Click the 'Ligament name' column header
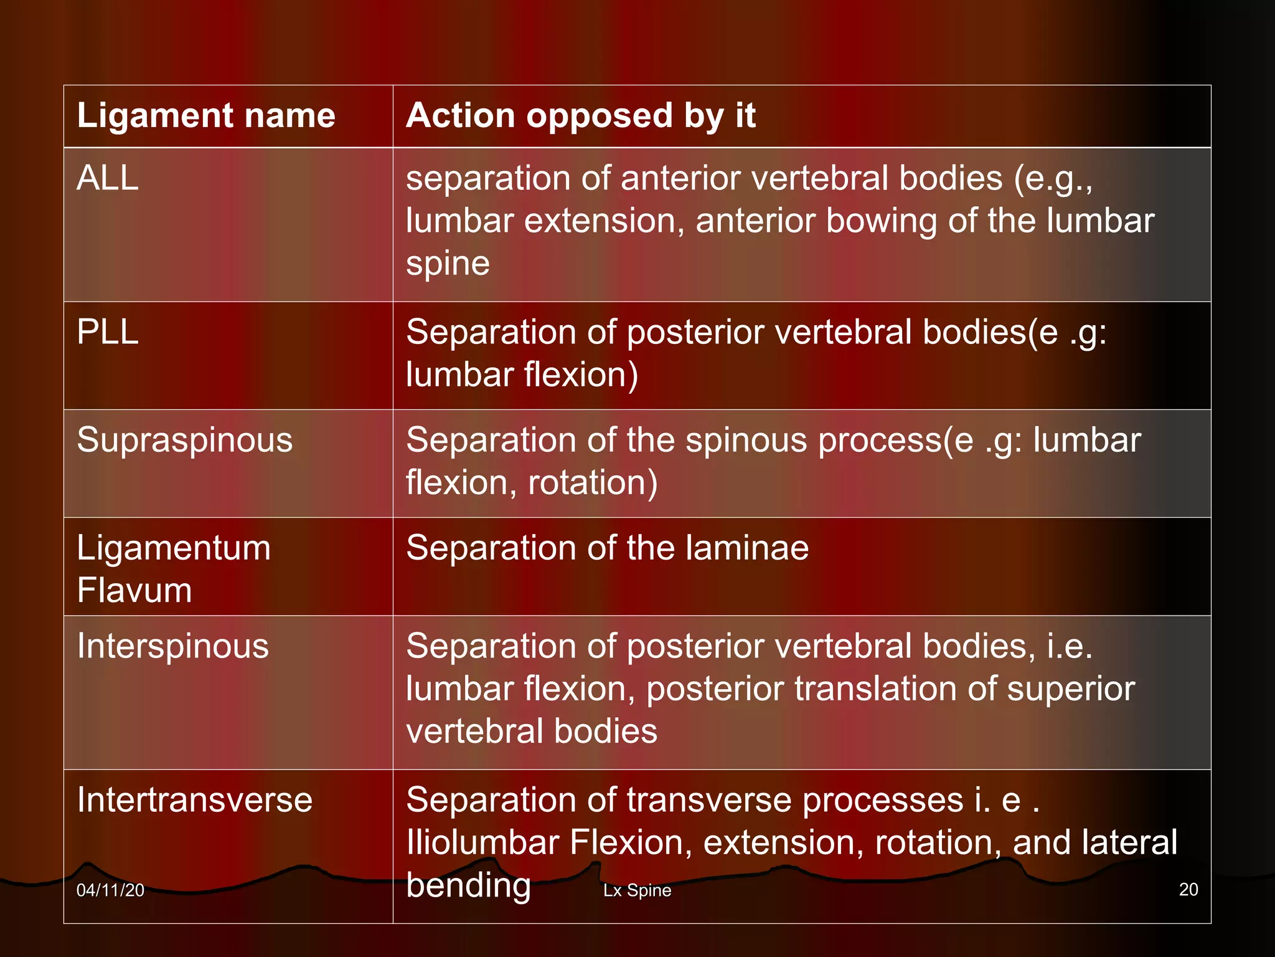(x=206, y=116)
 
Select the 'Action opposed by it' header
(x=581, y=116)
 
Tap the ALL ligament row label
(x=108, y=178)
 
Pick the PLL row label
(x=108, y=332)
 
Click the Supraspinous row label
(x=184, y=440)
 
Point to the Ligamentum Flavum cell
(x=174, y=569)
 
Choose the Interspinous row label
(x=173, y=646)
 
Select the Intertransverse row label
(x=194, y=800)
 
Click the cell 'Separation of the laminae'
(x=607, y=548)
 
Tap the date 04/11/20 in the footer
(x=110, y=890)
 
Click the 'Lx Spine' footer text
(x=637, y=890)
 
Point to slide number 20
(x=1188, y=890)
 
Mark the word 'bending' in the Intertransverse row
(x=468, y=885)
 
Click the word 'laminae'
(x=747, y=548)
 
